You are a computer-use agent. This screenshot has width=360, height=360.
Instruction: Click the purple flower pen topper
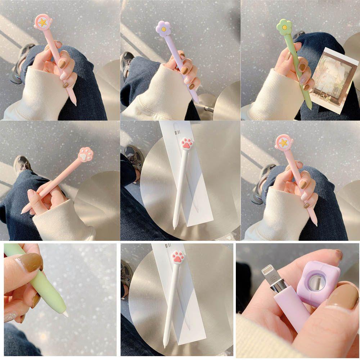[x=163, y=28]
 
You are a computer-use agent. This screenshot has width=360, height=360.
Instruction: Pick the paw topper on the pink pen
[x=86, y=155]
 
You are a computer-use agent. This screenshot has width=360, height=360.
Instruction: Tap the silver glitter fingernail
[x=10, y=317]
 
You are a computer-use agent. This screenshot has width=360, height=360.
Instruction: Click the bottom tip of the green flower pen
[x=310, y=107]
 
